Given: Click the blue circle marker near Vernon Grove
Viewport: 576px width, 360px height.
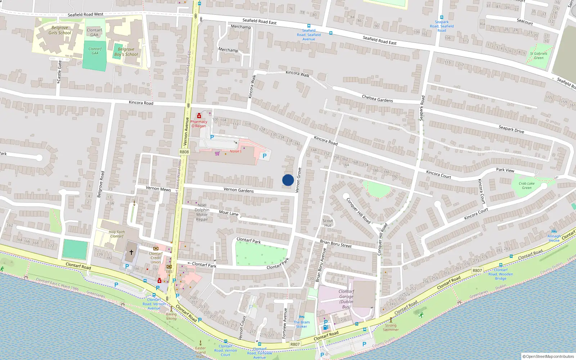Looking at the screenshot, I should click(x=288, y=180).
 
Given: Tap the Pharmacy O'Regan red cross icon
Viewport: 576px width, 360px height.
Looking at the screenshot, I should click(x=199, y=116).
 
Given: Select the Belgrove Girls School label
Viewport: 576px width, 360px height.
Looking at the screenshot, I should click(x=60, y=30).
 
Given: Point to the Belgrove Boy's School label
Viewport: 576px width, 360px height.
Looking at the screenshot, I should click(x=126, y=52).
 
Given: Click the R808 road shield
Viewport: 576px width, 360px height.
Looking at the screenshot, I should click(x=184, y=152).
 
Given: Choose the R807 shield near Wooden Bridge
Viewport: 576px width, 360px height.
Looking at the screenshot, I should click(x=477, y=270).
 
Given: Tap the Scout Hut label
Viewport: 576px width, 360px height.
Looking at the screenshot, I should click(x=328, y=223).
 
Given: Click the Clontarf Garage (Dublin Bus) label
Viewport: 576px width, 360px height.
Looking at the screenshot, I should click(x=346, y=299).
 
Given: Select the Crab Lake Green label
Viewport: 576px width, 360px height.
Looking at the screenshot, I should click(x=526, y=185).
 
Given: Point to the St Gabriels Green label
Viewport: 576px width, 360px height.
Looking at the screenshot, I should click(x=539, y=55).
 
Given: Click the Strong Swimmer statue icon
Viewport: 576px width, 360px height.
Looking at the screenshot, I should click(x=391, y=320).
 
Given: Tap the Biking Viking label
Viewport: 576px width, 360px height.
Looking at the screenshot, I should click(x=171, y=316).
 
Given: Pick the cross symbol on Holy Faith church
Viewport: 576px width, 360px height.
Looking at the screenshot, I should click(x=131, y=252).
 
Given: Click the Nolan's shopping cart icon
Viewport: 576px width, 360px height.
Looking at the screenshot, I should click(x=217, y=153).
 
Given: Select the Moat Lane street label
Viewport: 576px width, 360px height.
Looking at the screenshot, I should click(x=229, y=213).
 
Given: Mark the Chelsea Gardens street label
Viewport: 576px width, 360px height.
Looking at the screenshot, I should click(x=377, y=99).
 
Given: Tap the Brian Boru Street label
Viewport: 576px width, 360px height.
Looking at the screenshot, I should click(x=336, y=244).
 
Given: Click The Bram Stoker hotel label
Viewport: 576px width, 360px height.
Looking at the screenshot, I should click(x=302, y=324).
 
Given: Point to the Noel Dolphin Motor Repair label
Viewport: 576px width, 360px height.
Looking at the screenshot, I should click(x=202, y=212).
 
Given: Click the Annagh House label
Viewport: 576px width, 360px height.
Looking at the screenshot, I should click(x=554, y=238).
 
